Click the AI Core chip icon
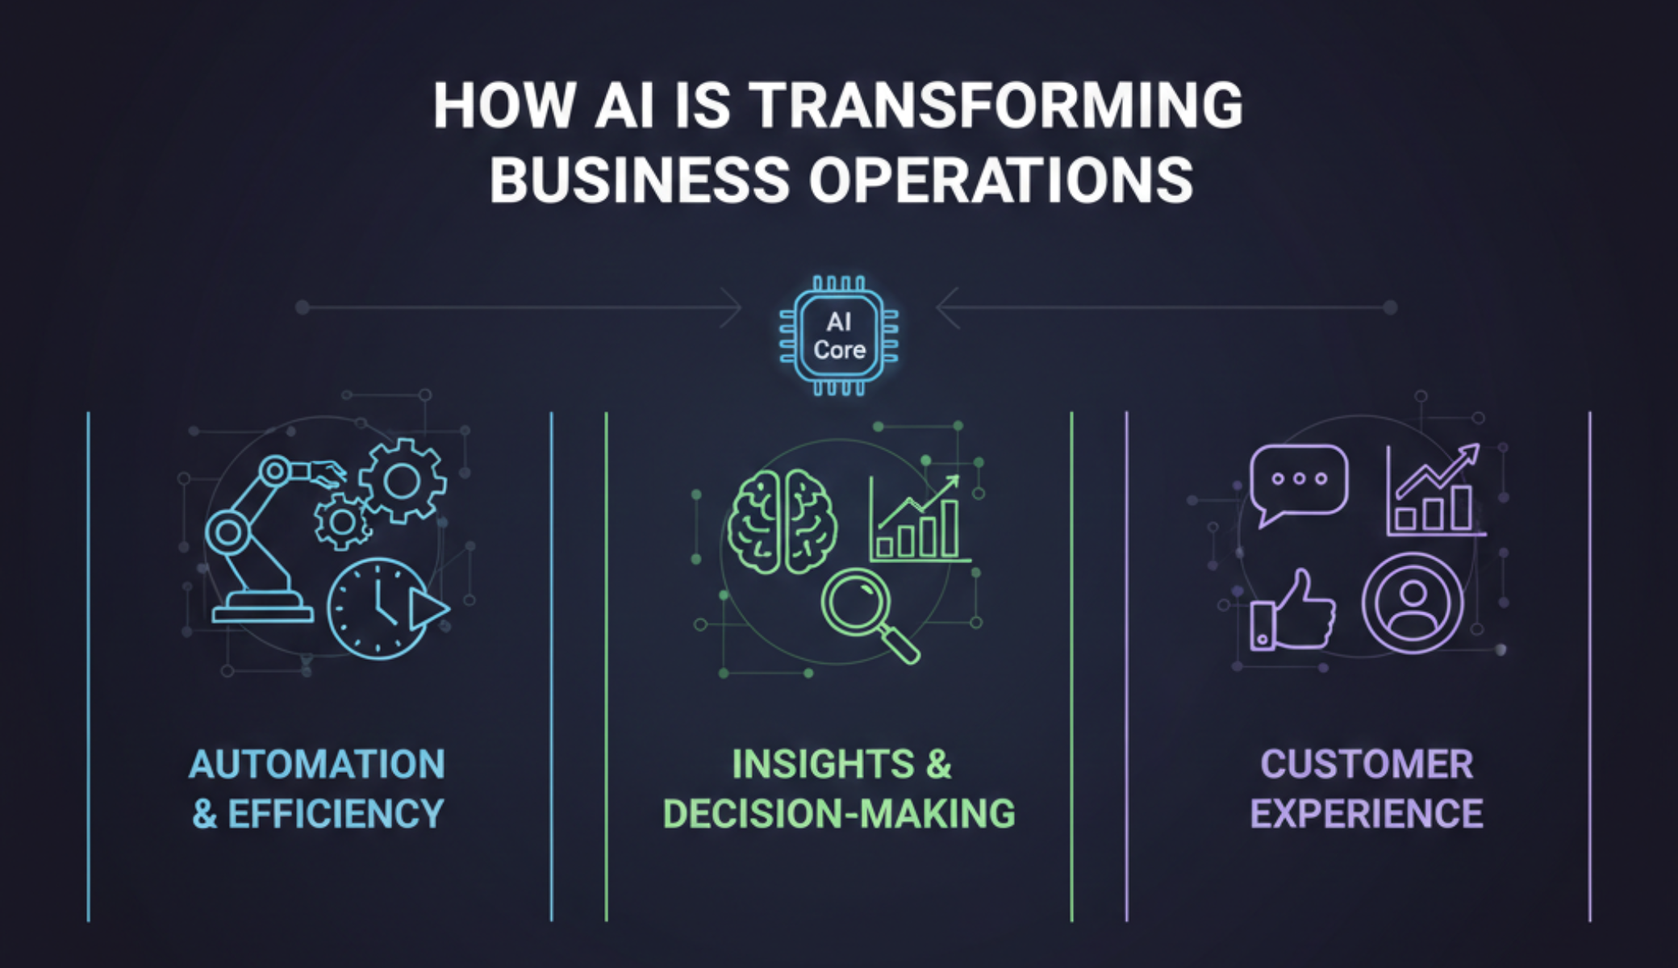click(x=839, y=336)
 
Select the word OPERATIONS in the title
click(x=1001, y=180)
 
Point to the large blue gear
click(x=402, y=482)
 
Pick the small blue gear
click(x=343, y=522)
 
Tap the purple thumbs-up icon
click(x=1291, y=611)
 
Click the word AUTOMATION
click(x=317, y=764)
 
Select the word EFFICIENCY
click(x=336, y=814)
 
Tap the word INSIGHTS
click(x=823, y=764)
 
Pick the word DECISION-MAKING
click(x=839, y=814)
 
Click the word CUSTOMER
click(x=1367, y=764)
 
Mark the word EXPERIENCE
click(x=1367, y=814)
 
